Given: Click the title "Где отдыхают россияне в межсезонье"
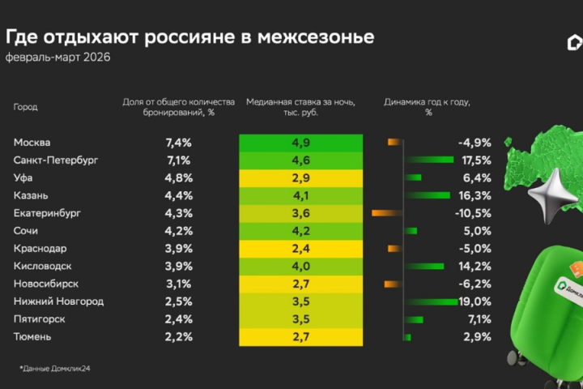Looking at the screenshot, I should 189,37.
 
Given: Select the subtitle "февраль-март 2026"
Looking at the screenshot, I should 57,58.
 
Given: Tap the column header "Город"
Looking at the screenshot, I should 26,107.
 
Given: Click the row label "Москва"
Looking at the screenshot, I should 33,142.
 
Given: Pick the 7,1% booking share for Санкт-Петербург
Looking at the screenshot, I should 178,160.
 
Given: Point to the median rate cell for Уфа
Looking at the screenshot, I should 300,177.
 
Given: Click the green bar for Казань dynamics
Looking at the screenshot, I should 427,195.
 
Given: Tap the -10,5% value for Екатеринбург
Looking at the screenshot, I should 474,213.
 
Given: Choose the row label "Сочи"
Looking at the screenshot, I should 28,231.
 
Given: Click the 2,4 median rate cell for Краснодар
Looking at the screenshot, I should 300,248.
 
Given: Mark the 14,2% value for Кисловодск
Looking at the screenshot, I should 475,266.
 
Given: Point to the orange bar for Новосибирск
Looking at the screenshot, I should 393,284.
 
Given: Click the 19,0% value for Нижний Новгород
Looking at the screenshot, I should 475,301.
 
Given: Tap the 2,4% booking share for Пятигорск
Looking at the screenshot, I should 178,319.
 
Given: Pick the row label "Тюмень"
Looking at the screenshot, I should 33,337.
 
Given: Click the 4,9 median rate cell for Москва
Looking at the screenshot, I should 300,142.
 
